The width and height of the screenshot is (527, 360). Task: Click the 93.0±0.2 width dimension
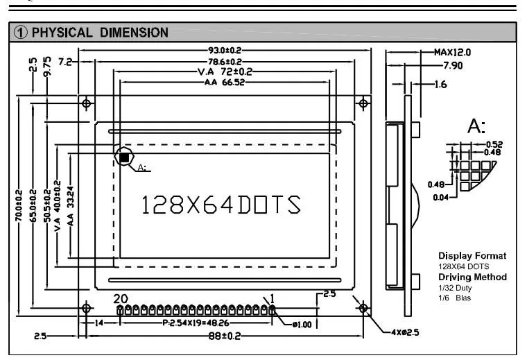pos(225,51)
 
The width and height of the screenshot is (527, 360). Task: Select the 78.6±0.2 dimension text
pos(225,62)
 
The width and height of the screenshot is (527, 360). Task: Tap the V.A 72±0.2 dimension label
pos(225,71)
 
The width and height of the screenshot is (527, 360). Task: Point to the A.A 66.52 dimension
pos(225,83)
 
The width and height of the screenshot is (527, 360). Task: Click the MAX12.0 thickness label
pos(452,53)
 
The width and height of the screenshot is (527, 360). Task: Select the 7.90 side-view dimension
pos(453,65)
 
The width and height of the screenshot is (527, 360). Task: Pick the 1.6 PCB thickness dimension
pos(440,85)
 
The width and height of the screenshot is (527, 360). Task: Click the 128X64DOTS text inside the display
pos(221,205)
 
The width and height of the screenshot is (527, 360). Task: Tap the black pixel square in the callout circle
pos(124,157)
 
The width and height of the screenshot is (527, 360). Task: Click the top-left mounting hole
pos(87,103)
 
